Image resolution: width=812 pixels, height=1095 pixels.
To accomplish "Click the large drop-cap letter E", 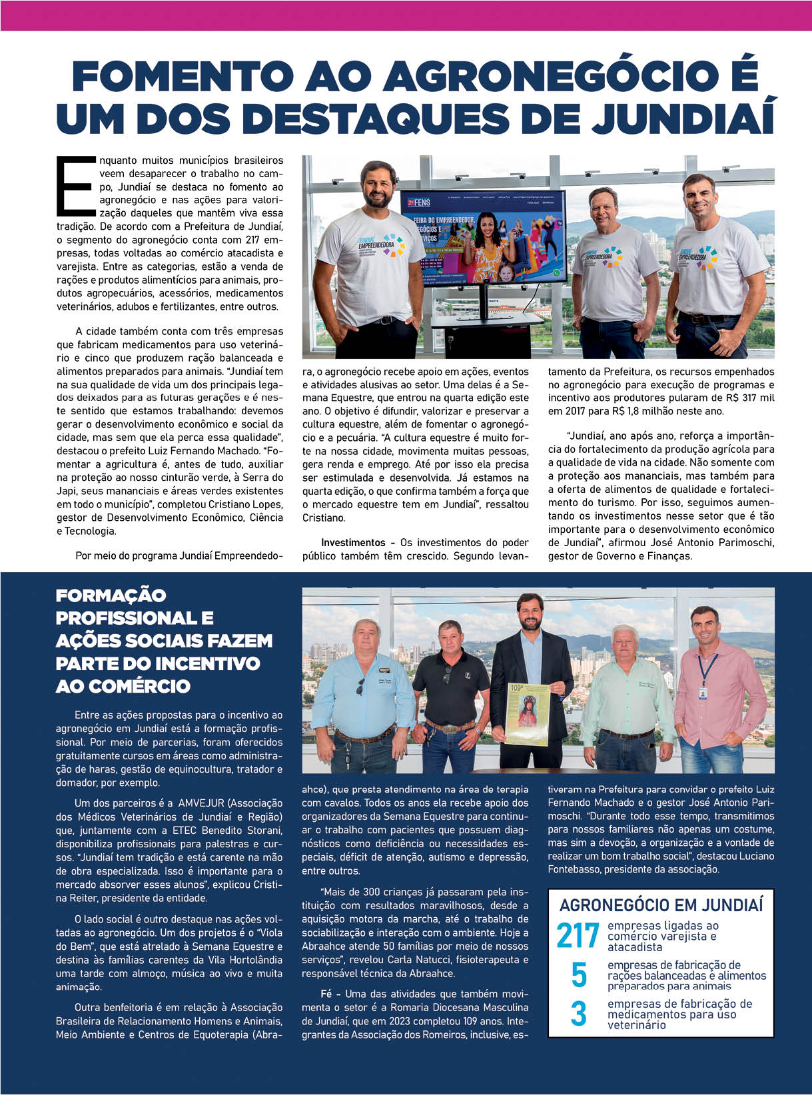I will coord(77,187).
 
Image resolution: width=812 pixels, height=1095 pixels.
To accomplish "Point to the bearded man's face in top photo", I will coord(378,187).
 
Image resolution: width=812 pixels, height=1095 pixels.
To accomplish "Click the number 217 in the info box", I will coord(578,936).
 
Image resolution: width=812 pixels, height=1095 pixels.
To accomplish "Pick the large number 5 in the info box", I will coord(579,975).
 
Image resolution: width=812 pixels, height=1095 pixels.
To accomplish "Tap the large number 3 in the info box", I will coord(579,1014).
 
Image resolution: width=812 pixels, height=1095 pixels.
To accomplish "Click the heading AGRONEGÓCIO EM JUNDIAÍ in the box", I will coord(661,905).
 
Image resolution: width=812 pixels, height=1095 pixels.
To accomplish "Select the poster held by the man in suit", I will coord(528,713).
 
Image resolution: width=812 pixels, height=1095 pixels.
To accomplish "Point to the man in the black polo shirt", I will coord(450,693).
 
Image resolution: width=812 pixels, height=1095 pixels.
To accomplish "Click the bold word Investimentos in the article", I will coord(353,543).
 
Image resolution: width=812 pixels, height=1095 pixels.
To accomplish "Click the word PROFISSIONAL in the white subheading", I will coord(134,618).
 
